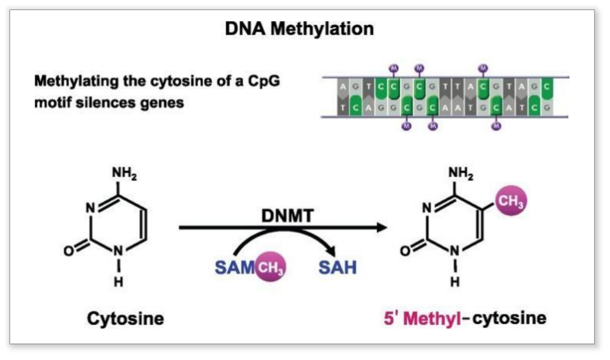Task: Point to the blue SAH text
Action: pos(337,266)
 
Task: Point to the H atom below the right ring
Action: pos(455,282)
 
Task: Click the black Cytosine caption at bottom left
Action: pos(125,318)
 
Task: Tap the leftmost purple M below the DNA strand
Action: pos(406,125)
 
